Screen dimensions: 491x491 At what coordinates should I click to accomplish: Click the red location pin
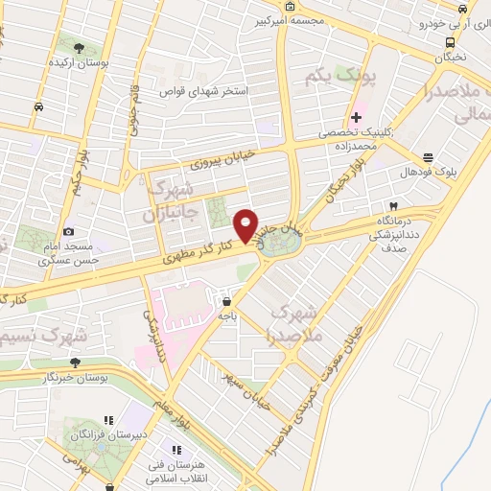pos(247,225)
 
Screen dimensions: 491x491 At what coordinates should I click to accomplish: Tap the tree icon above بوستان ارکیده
pos(78,46)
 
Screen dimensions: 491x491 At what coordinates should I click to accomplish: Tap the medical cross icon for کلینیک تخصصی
pos(356,117)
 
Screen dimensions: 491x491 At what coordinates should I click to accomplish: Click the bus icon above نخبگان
pos(450,42)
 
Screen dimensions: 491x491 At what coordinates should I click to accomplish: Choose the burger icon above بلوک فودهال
pos(427,158)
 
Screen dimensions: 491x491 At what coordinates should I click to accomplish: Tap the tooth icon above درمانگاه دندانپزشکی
pos(392,206)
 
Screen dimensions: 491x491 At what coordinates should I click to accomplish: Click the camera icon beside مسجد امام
pos(68,232)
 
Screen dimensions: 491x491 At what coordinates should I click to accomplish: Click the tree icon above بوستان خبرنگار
pos(75,362)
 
